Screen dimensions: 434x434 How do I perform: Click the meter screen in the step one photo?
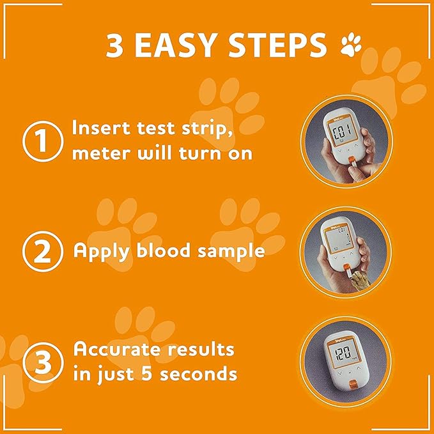[x=344, y=134]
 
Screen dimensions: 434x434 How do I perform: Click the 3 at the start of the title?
[x=114, y=47]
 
